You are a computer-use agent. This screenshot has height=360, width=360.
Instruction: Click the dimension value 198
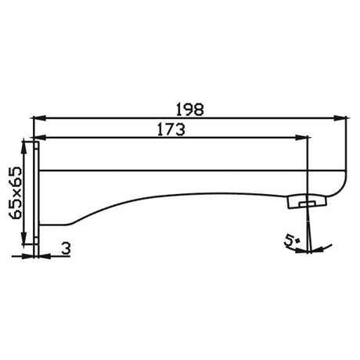189,110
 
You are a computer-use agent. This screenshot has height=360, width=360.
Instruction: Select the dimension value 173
171,129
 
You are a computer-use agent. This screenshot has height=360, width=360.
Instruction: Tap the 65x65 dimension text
15,193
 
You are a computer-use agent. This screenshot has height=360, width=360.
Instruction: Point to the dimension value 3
67,248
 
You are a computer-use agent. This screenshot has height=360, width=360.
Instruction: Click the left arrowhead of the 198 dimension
38,118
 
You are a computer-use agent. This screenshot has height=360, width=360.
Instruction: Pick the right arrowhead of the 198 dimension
341,118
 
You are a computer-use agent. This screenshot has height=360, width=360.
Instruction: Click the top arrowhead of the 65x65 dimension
24,148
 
